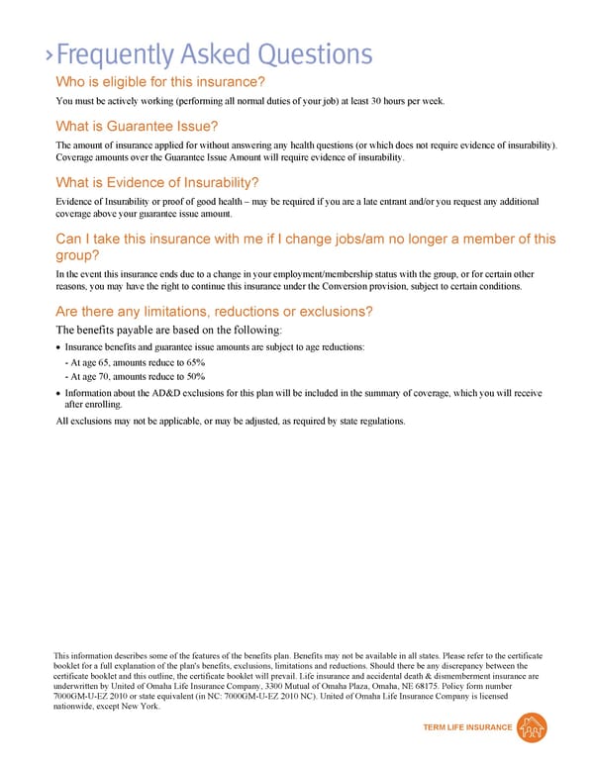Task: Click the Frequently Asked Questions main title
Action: (214, 54)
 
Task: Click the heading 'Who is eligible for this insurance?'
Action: (160, 82)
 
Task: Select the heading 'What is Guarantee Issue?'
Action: (137, 126)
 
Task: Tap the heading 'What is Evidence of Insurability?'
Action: (157, 182)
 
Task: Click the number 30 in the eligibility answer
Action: (363, 101)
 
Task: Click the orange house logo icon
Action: (534, 727)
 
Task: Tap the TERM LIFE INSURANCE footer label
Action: (468, 727)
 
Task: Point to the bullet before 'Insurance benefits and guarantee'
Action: (58, 348)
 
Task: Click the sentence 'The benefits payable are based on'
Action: (169, 330)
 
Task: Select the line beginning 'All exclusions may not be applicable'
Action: (231, 422)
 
